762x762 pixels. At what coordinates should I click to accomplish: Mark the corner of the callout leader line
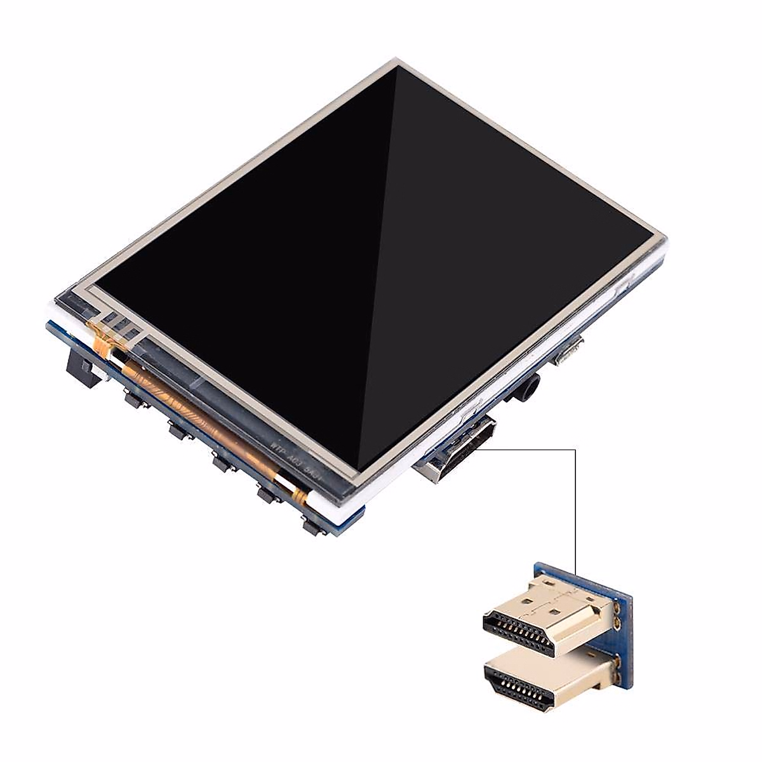[575, 450]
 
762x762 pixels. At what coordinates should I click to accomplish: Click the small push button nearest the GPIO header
[133, 399]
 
